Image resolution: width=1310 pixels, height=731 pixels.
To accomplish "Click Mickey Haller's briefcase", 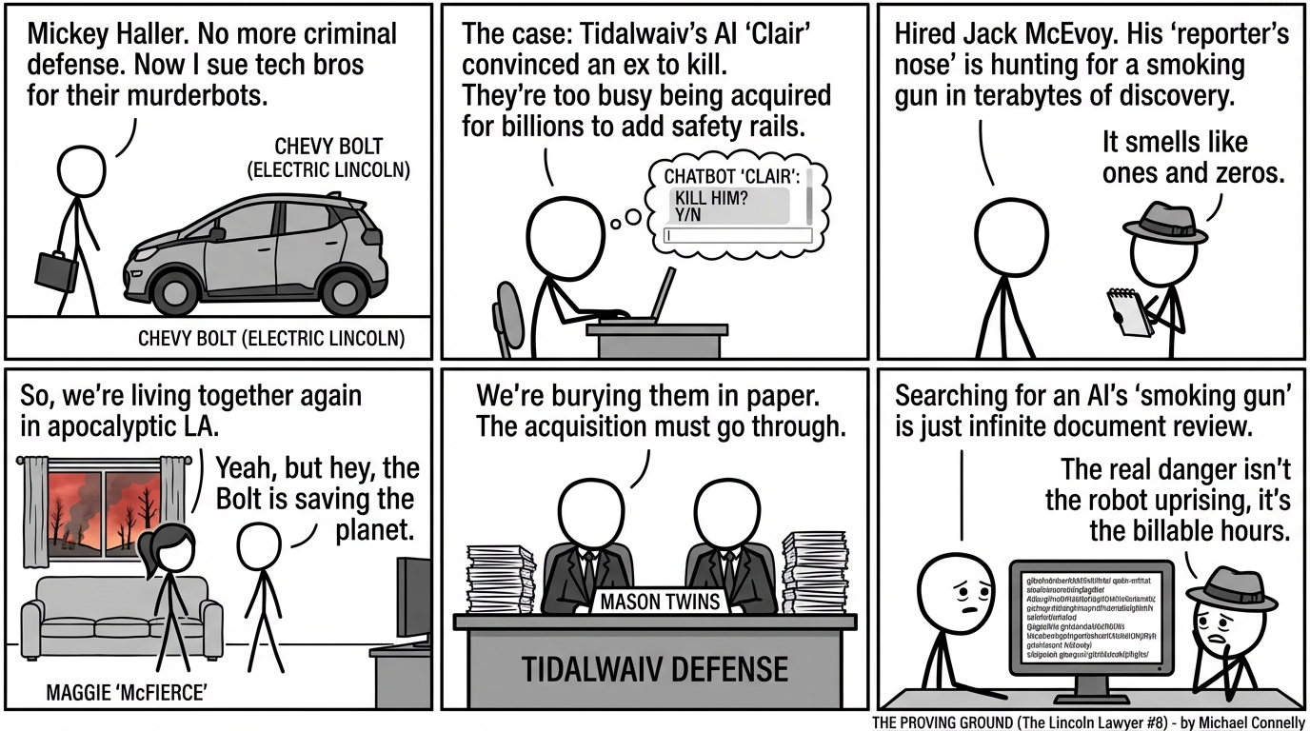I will point(57,271).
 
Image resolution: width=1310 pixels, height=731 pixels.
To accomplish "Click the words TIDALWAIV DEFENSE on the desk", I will point(655,668).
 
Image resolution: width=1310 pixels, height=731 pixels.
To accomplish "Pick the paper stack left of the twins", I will point(501,580).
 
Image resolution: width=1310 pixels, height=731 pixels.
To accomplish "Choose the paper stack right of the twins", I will point(814,572).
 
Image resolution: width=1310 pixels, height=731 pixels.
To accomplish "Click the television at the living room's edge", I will point(413,600).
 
